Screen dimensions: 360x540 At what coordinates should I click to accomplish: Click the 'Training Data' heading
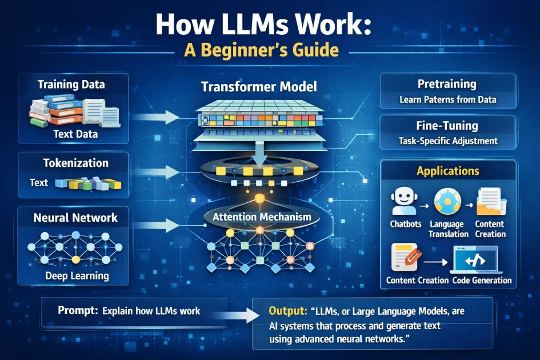pos(71,85)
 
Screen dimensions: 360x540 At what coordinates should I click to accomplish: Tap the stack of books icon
pos(49,111)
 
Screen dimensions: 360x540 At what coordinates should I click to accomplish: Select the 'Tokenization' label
pos(75,163)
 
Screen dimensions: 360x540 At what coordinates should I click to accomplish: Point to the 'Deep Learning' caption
pos(77,277)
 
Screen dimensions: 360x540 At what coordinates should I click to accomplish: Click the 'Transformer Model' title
pos(259,87)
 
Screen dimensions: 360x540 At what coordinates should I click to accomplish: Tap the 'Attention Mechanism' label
pos(262,217)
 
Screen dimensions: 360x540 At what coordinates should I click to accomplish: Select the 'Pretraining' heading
pos(447,84)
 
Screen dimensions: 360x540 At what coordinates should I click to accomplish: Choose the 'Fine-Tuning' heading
pos(447,125)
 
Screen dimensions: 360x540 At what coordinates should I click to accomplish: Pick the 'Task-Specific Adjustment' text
pos(448,141)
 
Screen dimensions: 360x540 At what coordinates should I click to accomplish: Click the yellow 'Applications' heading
pos(448,171)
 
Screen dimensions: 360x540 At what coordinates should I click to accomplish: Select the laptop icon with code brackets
pos(474,259)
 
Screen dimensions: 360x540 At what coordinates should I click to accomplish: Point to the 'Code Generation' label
pos(482,281)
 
